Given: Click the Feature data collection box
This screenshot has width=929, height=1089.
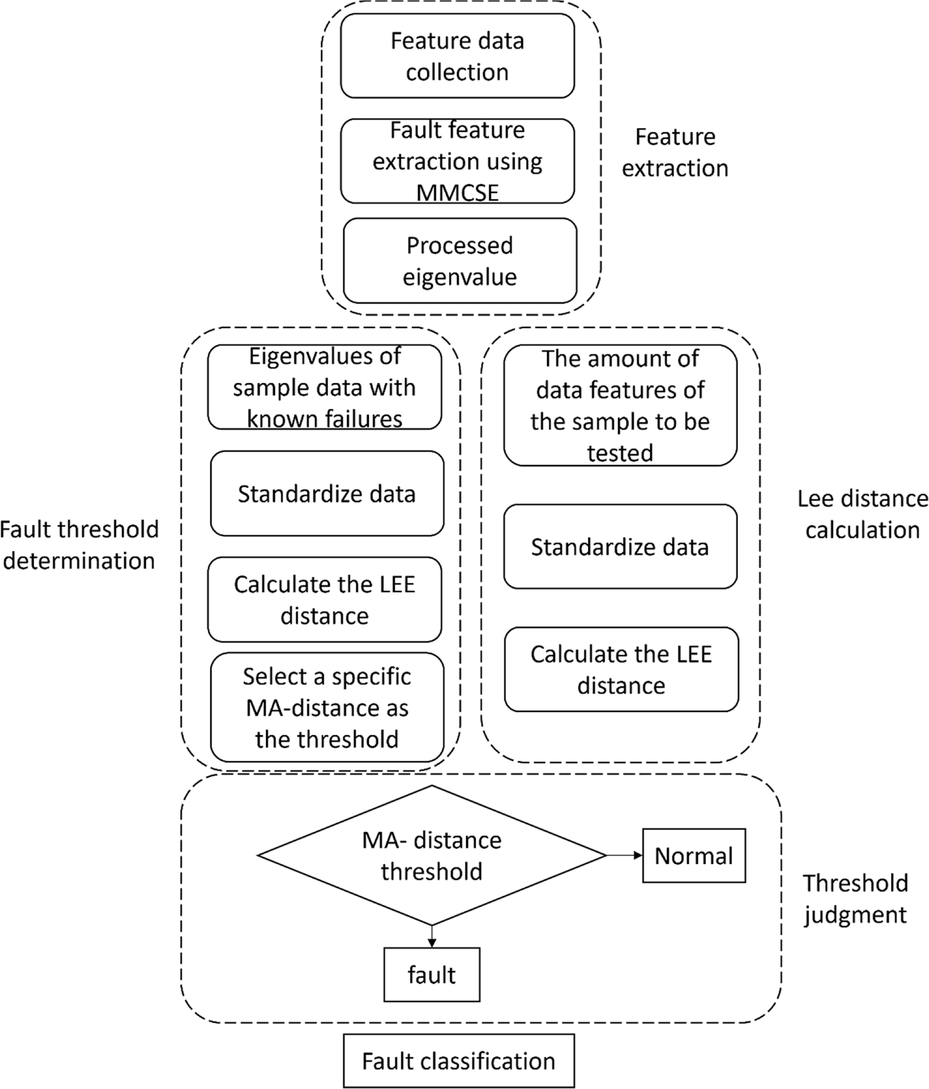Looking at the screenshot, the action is (457, 56).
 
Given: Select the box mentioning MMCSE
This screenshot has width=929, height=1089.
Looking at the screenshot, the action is (457, 161).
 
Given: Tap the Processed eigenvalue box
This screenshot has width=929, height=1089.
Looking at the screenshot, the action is (460, 261).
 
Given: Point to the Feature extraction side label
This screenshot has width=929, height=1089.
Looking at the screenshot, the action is (675, 152).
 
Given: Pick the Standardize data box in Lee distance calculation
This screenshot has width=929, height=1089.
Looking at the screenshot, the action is (620, 547).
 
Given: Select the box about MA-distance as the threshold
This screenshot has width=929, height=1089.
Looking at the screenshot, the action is (327, 707).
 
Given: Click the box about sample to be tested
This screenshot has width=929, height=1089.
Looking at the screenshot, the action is (620, 405).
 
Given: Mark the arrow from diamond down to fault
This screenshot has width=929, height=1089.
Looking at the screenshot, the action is (432, 937).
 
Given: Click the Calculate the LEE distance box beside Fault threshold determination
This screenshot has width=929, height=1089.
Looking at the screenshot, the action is (324, 600).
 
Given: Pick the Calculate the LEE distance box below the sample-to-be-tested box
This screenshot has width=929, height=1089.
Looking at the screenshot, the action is (621, 670).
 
